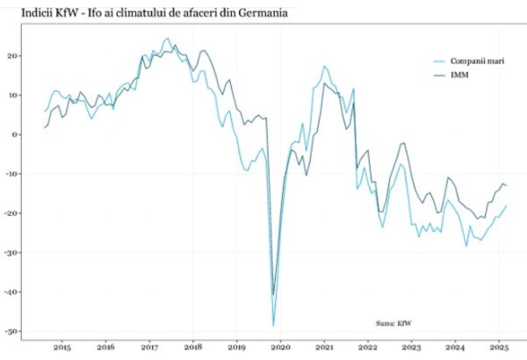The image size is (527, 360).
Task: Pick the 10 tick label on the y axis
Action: tap(14, 95)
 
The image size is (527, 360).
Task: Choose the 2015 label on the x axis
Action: tap(61, 348)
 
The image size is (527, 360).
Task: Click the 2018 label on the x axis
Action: tap(193, 348)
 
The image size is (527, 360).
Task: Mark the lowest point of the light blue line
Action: tap(273, 326)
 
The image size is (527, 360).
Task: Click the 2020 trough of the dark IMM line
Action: tap(273, 295)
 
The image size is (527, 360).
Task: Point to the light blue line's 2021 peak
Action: tap(325, 66)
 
